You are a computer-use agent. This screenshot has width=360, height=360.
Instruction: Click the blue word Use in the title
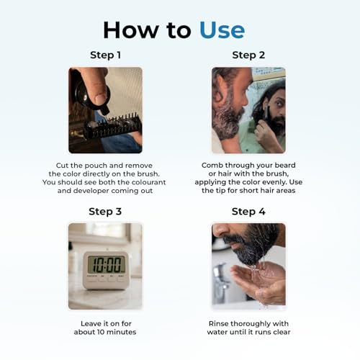222,30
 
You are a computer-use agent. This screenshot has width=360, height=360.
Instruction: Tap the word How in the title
131,30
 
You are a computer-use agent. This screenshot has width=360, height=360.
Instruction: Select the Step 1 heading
105,55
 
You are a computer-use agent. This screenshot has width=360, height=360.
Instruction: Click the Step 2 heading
248,55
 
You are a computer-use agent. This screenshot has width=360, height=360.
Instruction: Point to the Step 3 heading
105,212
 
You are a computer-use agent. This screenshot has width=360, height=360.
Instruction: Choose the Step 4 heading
248,212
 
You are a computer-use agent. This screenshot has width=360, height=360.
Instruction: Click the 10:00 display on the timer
107,264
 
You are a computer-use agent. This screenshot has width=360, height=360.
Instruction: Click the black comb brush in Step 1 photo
113,128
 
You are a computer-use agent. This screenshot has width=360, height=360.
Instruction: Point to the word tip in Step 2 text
220,191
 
